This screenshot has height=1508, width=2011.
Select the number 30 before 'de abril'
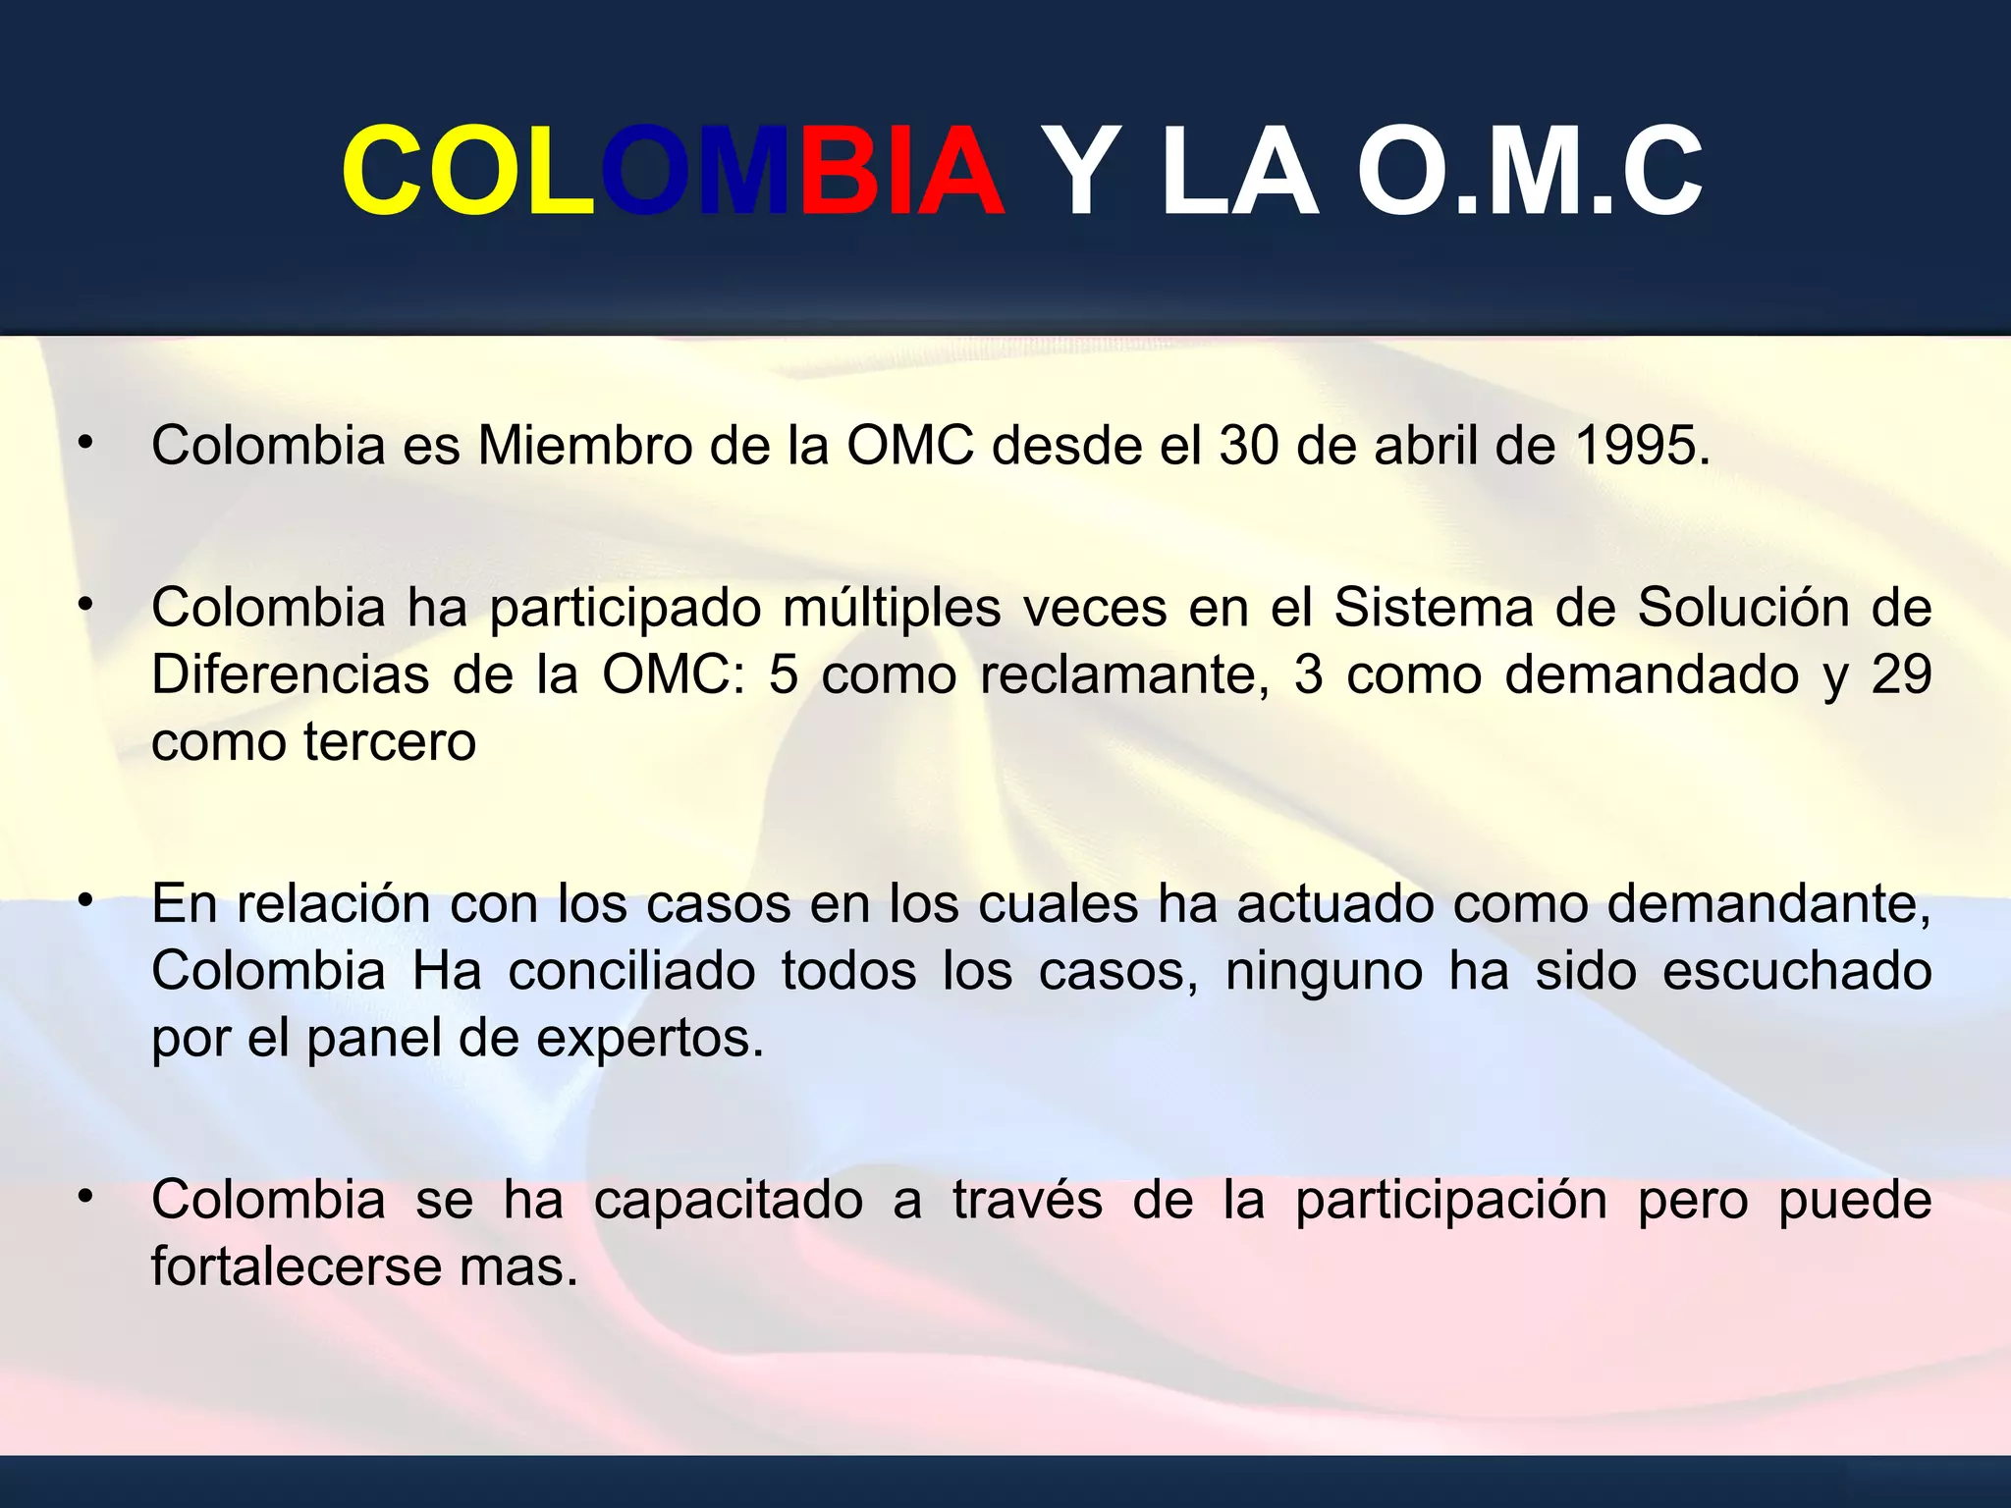click(1249, 446)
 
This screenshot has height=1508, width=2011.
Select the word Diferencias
click(291, 675)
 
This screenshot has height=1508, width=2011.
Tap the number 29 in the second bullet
click(1901, 675)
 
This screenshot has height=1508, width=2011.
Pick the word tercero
click(390, 742)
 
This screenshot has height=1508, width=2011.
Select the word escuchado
click(1796, 972)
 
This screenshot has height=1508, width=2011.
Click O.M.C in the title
click(1529, 172)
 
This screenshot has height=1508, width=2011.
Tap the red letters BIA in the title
click(901, 172)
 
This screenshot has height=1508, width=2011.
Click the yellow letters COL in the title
click(467, 172)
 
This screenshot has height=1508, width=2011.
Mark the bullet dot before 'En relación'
click(86, 899)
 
